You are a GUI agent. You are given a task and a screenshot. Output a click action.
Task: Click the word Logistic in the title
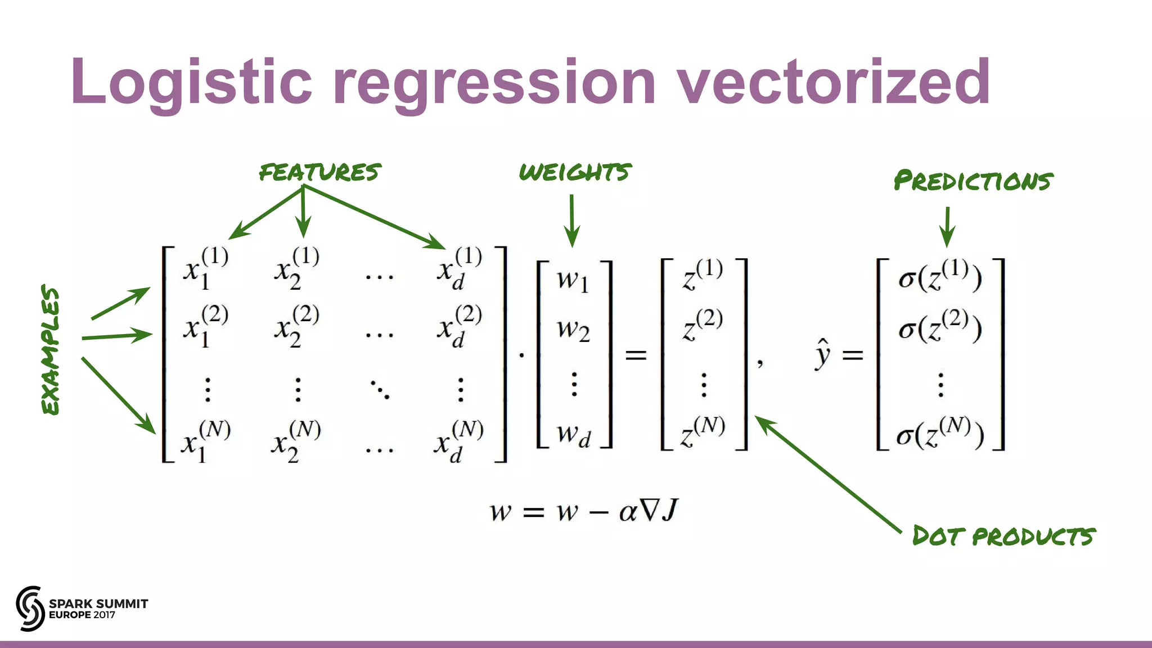point(191,83)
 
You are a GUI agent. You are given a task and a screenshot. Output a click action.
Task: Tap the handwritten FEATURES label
point(319,172)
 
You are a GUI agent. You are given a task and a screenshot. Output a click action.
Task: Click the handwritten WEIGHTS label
point(575,172)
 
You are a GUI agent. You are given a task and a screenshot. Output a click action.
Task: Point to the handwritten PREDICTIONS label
point(973,181)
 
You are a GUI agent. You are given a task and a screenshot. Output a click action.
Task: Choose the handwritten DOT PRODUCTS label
point(1003,536)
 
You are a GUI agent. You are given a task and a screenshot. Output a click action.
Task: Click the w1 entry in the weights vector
point(573,280)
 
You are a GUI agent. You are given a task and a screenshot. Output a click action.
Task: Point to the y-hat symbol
point(822,354)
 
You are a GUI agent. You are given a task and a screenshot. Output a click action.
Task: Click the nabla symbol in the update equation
point(649,510)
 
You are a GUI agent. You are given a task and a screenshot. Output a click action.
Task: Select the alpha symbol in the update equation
point(628,511)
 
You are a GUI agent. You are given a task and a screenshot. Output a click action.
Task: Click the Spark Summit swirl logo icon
point(30,608)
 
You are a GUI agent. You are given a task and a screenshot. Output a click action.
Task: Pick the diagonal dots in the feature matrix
point(380,389)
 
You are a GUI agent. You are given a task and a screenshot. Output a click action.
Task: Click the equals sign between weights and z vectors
point(636,355)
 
